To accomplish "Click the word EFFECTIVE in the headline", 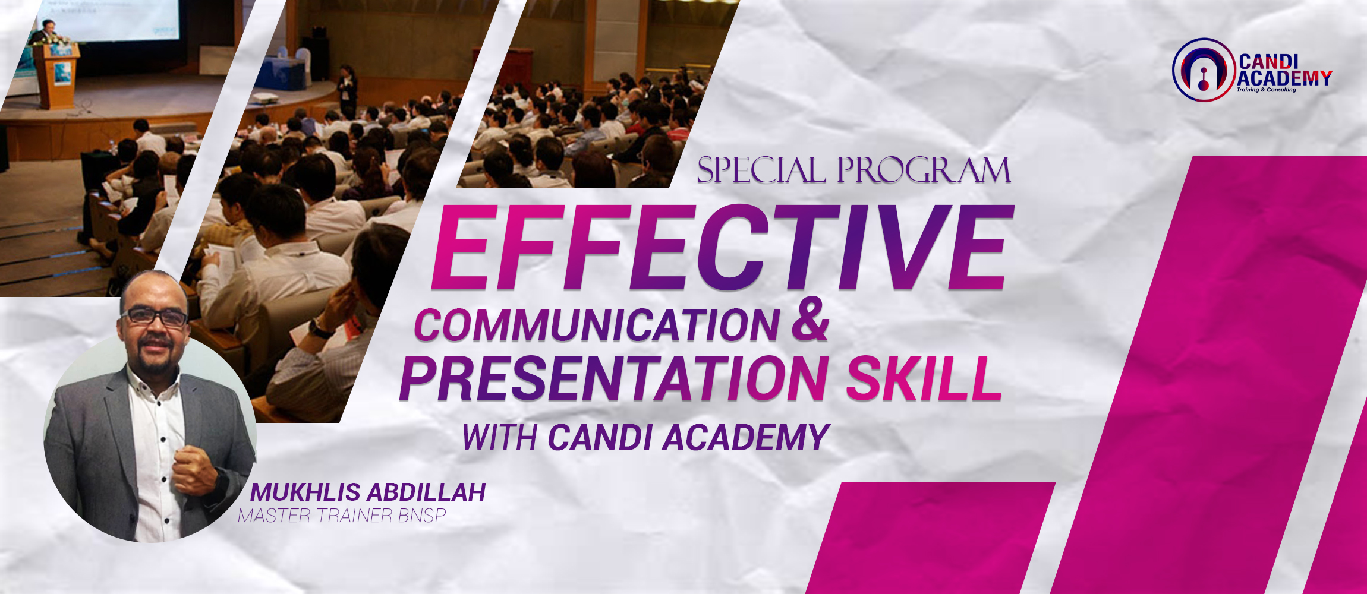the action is [723, 247].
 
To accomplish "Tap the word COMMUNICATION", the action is [596, 326].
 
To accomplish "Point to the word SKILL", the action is [924, 378].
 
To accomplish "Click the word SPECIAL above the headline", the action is [761, 170].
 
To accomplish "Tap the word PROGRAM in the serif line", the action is [924, 170].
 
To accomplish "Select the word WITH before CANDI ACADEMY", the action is [500, 438].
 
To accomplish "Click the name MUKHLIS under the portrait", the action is [305, 492].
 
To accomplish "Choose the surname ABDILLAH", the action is [426, 492].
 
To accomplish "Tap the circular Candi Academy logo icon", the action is [1203, 69].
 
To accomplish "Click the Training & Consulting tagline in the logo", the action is [1267, 90].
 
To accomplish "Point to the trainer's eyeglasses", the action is [155, 317].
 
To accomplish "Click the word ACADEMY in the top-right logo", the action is [1284, 78].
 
